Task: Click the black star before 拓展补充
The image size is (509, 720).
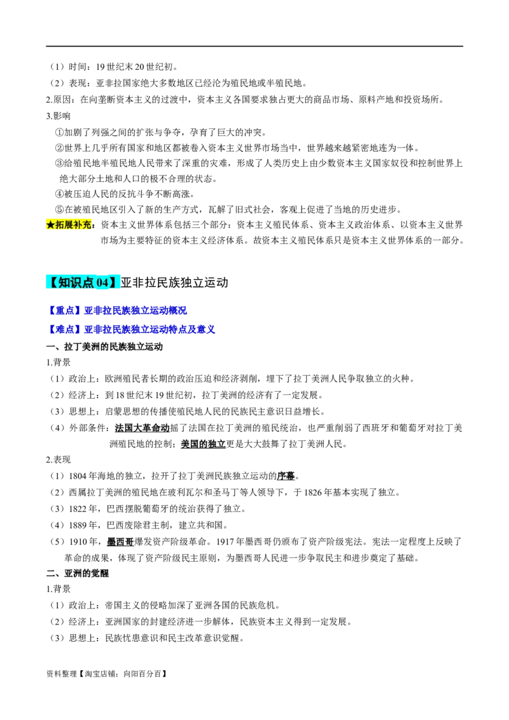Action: (51, 225)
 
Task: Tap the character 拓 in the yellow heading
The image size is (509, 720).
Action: (60, 225)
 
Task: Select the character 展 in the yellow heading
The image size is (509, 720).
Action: (69, 225)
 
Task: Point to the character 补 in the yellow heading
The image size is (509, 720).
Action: (78, 225)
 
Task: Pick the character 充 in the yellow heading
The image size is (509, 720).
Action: (87, 225)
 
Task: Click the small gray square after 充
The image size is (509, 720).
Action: (94, 226)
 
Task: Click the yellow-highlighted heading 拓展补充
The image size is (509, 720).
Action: (69, 225)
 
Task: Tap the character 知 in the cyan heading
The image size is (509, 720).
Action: (64, 282)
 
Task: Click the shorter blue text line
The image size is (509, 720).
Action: (118, 310)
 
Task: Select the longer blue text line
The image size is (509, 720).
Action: (133, 329)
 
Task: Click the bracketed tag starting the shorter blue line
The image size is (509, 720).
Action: (65, 310)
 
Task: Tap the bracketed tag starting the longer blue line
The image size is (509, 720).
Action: (65, 329)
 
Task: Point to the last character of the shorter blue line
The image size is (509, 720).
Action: (184, 310)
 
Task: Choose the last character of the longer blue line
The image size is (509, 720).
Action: (214, 329)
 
